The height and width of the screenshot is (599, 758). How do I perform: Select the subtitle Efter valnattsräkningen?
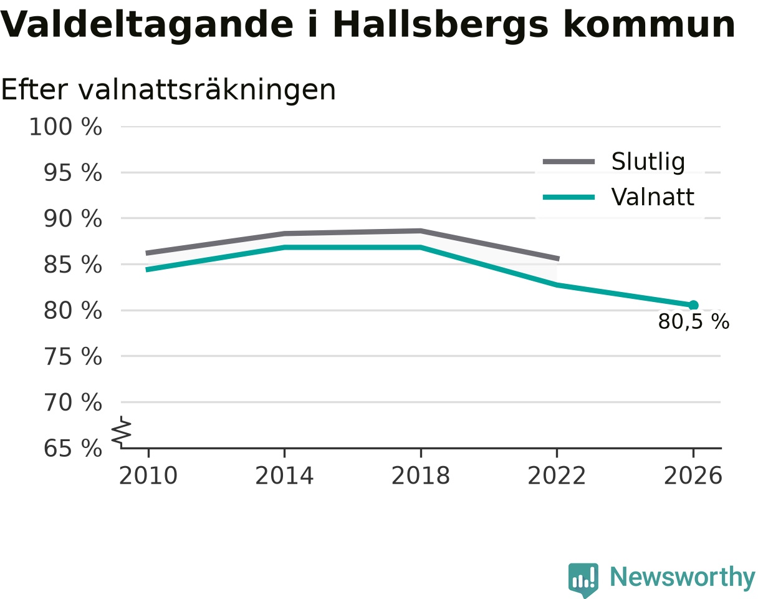[168, 90]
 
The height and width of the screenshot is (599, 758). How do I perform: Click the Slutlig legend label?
[648, 162]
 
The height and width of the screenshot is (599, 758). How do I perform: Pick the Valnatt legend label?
[653, 197]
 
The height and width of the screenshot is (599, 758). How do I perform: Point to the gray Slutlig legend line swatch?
[568, 162]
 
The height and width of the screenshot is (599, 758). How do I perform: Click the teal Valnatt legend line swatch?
[568, 197]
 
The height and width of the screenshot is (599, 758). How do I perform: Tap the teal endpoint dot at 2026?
[693, 305]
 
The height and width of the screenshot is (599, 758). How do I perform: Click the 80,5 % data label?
[694, 321]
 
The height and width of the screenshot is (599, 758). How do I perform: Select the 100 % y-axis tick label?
[65, 127]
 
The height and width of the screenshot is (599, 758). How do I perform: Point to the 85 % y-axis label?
[72, 265]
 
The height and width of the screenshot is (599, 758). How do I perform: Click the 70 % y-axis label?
[72, 402]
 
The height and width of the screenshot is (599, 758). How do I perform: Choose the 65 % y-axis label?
[72, 449]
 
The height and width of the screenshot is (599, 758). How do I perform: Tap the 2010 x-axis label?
[148, 475]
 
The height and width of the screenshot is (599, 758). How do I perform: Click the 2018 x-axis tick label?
[421, 475]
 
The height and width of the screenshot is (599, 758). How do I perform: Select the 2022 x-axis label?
[557, 475]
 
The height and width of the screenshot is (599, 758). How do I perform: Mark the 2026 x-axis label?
[693, 475]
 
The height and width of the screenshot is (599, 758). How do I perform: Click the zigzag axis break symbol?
[122, 429]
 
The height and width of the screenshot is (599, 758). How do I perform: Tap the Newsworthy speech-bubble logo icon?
[583, 578]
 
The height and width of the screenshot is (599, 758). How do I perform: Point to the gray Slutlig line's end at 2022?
[559, 259]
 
